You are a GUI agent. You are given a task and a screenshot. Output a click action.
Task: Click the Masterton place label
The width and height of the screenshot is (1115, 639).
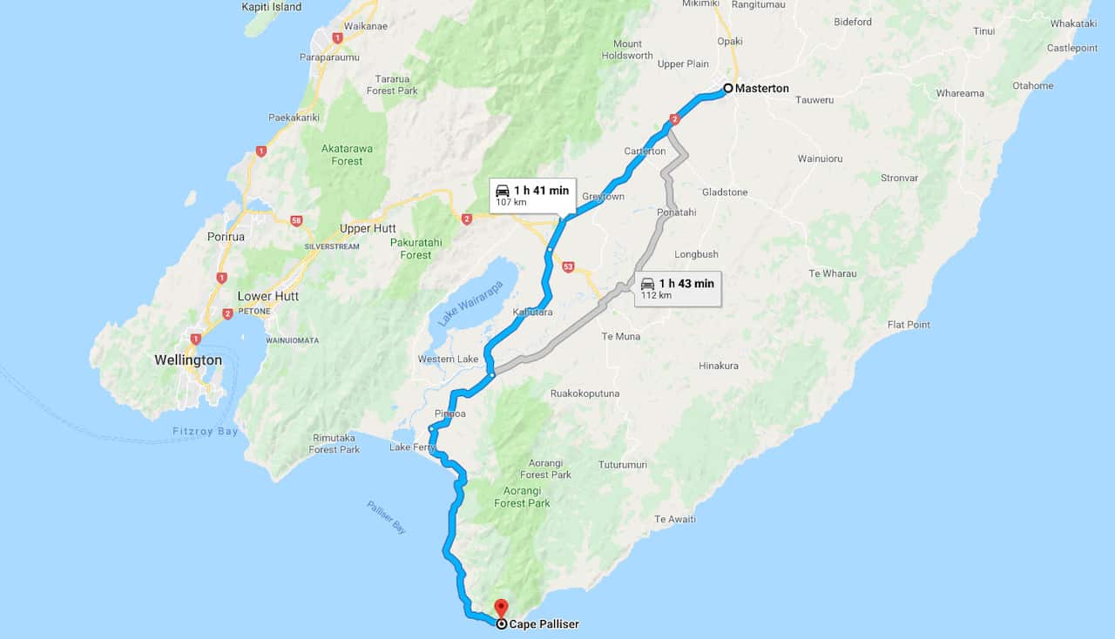pyautogui.click(x=761, y=89)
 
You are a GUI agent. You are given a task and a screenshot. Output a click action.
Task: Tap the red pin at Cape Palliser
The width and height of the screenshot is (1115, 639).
pyautogui.click(x=501, y=607)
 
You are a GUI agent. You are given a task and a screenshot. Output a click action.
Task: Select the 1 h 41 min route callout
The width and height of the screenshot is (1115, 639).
pyautogui.click(x=531, y=196)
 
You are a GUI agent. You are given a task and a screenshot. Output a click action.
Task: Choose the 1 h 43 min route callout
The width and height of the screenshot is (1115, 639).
pyautogui.click(x=677, y=288)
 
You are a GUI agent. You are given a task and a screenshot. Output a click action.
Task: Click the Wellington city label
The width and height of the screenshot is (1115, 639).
pyautogui.click(x=188, y=360)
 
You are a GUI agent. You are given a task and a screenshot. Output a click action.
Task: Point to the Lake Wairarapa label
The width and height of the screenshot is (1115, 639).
pyautogui.click(x=471, y=303)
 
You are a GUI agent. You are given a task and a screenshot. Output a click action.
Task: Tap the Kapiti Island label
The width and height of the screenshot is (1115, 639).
pyautogui.click(x=273, y=7)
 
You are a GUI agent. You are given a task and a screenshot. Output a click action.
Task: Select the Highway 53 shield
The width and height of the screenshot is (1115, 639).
pyautogui.click(x=568, y=267)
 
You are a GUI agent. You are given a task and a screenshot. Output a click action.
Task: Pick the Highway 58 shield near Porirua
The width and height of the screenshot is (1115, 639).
pyautogui.click(x=296, y=221)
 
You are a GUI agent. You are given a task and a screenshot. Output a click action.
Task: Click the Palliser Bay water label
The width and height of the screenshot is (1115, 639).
pyautogui.click(x=386, y=517)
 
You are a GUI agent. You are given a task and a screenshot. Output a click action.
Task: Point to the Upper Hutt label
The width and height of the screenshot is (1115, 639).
pyautogui.click(x=368, y=229)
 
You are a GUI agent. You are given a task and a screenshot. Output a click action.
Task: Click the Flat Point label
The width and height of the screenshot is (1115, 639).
pyautogui.click(x=909, y=325)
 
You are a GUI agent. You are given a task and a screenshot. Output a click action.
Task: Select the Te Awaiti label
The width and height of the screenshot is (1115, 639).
pyautogui.click(x=675, y=519)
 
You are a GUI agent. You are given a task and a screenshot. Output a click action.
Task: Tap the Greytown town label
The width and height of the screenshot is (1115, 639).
pyautogui.click(x=603, y=197)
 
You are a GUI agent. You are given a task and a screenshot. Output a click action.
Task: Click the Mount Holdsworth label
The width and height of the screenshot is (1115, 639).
pyautogui.click(x=627, y=50)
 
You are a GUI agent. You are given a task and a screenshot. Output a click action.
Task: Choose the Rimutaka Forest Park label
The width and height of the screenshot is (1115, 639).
pyautogui.click(x=334, y=444)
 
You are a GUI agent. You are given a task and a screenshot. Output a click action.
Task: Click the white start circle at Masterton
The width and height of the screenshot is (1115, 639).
pyautogui.click(x=728, y=88)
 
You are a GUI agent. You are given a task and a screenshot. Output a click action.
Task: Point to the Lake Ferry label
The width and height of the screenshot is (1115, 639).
pyautogui.click(x=412, y=447)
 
